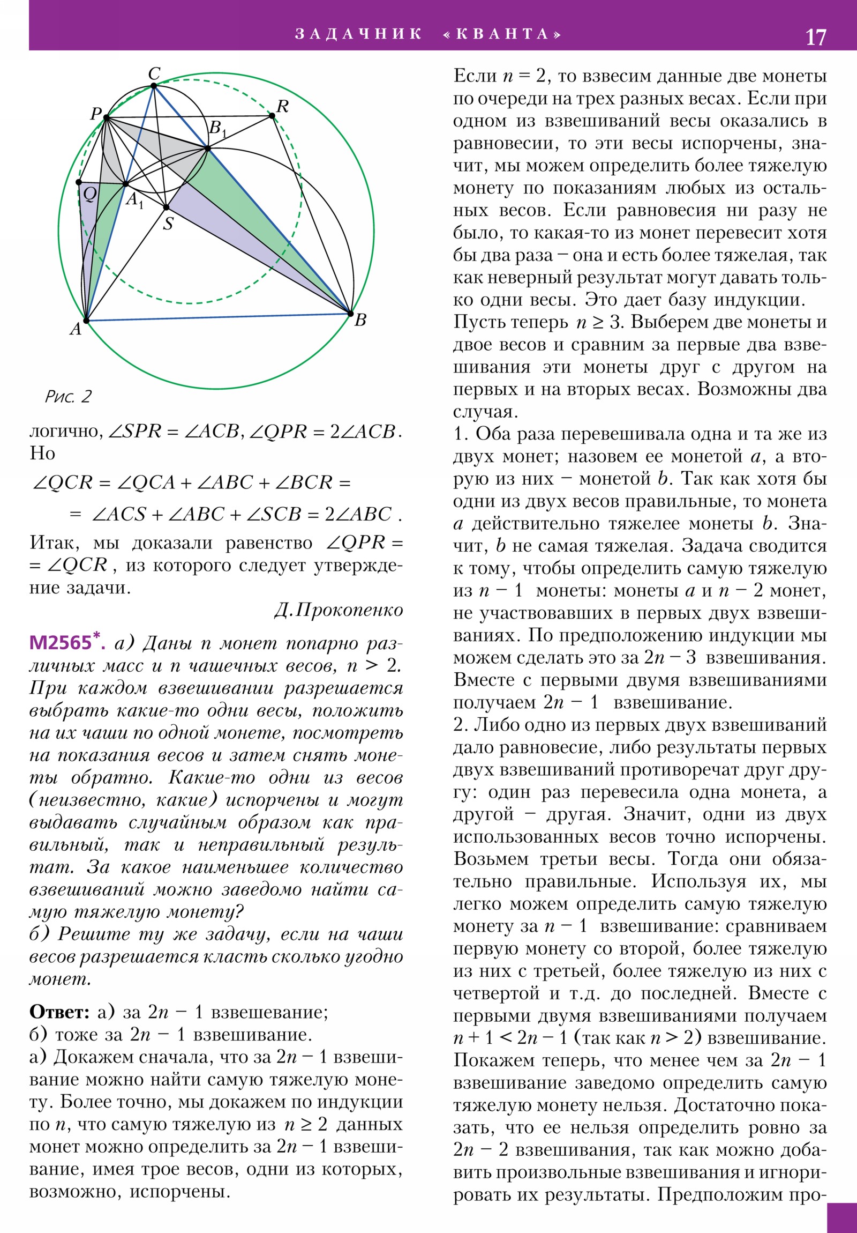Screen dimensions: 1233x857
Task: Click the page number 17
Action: point(816,37)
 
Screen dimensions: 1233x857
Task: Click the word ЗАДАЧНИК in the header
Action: point(358,34)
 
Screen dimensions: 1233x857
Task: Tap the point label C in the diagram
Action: point(154,73)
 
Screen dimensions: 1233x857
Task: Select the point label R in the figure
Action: point(282,106)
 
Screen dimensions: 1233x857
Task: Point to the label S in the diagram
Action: point(168,224)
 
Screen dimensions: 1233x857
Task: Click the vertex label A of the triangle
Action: point(76,329)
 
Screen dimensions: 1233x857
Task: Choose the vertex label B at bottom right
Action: point(360,320)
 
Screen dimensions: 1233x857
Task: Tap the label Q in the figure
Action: point(89,194)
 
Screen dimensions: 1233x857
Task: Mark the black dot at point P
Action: point(106,117)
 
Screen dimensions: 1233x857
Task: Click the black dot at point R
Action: point(272,115)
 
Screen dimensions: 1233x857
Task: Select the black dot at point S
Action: point(167,207)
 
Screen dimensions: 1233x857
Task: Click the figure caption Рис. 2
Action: point(68,397)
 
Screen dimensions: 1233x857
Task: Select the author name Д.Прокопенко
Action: point(338,610)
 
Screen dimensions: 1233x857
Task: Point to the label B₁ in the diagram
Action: point(216,129)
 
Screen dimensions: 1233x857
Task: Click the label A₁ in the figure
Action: point(134,200)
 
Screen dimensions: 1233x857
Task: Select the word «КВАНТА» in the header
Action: point(502,34)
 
